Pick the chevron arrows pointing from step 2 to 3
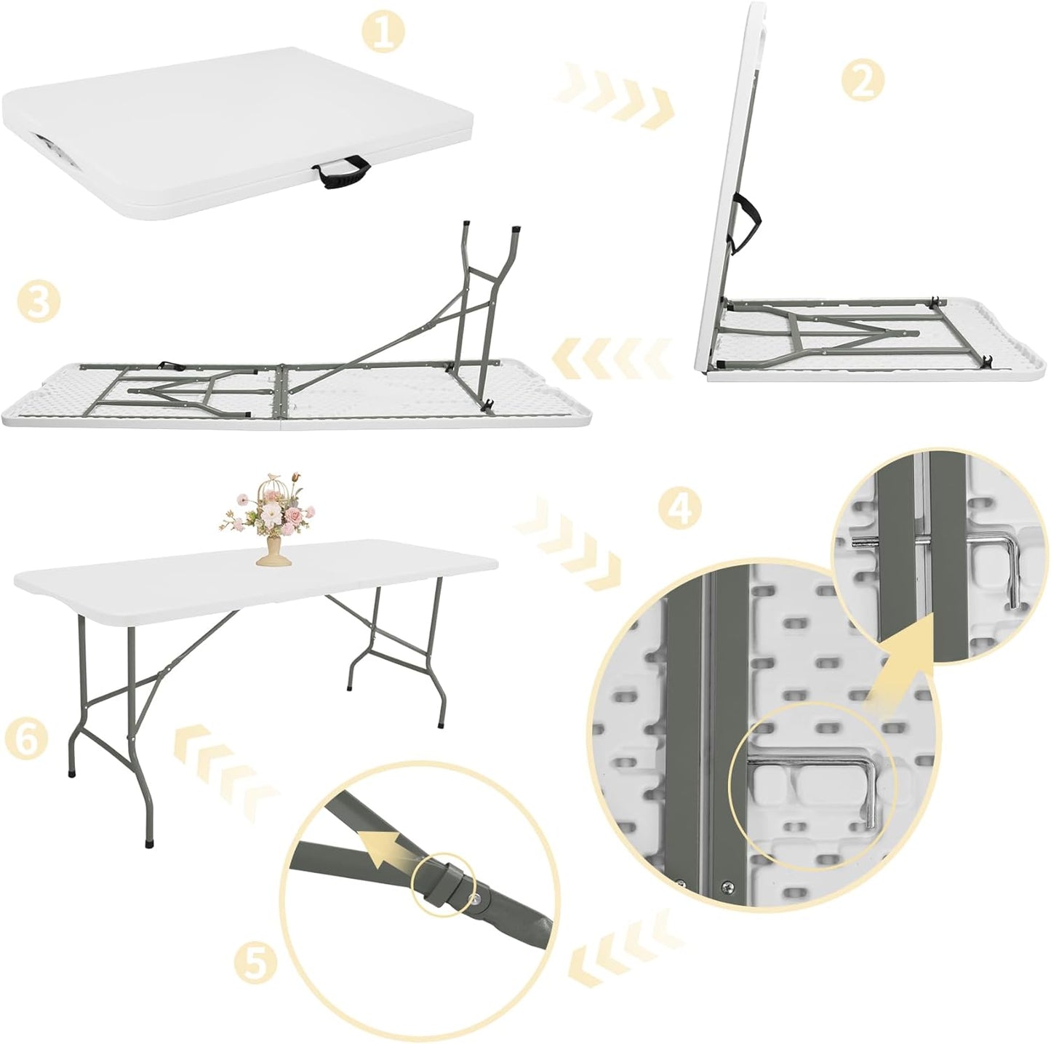click(x=611, y=357)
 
